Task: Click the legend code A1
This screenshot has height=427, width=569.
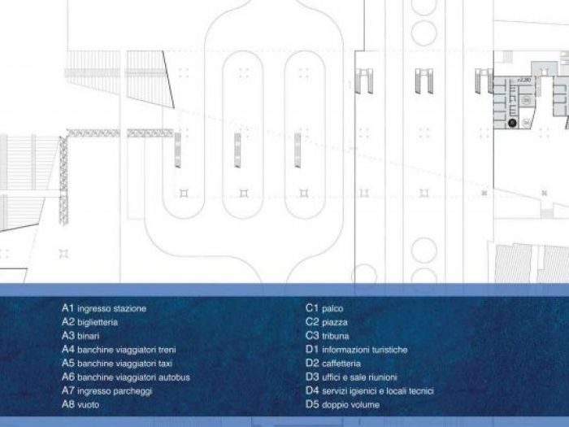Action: [68, 309]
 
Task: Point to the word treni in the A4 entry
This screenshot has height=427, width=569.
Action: [166, 350]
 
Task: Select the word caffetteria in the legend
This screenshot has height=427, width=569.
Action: [341, 364]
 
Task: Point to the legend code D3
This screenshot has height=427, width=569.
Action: [312, 377]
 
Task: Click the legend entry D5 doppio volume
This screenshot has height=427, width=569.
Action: [339, 404]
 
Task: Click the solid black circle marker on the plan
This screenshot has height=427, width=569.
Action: [513, 122]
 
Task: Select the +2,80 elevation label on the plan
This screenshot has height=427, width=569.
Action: [524, 81]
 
